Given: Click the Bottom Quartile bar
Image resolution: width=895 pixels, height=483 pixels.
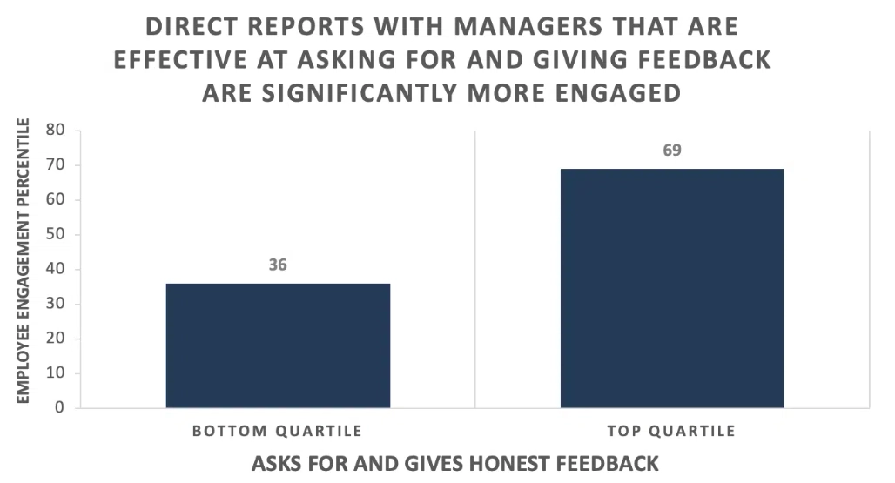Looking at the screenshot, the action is tap(278, 345).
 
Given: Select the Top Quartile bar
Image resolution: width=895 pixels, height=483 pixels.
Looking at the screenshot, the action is tap(672, 288).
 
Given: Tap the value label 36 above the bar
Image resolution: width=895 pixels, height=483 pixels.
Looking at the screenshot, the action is tap(278, 265).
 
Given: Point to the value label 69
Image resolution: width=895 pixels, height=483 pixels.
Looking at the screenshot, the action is tap(672, 150).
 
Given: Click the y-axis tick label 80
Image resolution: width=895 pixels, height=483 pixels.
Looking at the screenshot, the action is tap(56, 130).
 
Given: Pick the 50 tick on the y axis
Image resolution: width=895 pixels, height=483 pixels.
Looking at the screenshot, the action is tap(56, 234).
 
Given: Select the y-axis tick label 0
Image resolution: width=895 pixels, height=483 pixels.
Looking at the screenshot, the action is tap(59, 407).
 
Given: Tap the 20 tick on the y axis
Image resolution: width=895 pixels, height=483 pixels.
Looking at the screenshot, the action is tap(56, 339).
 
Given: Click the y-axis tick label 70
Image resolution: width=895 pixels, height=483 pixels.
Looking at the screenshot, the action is tap(56, 164).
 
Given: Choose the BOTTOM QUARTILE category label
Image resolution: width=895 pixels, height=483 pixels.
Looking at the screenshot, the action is tap(278, 431).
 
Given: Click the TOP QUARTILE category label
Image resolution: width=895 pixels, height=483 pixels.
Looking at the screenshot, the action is tap(672, 431).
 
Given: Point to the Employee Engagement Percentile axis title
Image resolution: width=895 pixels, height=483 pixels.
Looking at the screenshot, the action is tap(23, 260).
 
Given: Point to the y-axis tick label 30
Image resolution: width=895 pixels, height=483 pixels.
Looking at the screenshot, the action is tap(56, 304).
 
